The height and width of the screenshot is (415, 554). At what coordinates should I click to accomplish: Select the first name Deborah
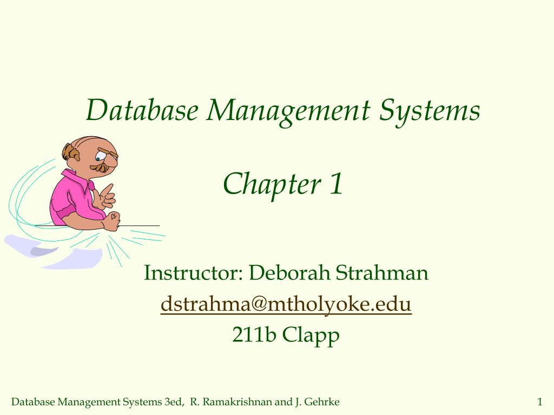(x=289, y=273)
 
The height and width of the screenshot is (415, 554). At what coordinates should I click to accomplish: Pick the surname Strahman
(x=382, y=273)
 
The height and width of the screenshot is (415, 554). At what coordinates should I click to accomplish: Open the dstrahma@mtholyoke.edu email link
(x=286, y=304)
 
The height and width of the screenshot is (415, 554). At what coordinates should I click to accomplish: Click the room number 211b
(x=255, y=335)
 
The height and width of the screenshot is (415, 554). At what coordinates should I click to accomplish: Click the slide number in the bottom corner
(x=539, y=401)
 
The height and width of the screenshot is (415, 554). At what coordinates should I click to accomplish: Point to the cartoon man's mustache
(x=100, y=168)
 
